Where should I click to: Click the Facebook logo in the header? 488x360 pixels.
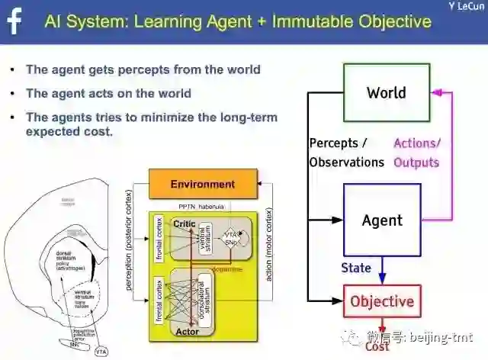point(14,20)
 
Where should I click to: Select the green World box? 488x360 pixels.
point(386,93)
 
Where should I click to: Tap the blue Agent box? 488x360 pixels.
point(382,220)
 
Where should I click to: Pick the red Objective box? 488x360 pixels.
point(381,301)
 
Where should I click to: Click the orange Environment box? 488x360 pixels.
point(202,184)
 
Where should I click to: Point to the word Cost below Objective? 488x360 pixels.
point(377,347)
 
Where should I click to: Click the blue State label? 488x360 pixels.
point(355,268)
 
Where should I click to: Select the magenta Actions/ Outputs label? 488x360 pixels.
point(416,153)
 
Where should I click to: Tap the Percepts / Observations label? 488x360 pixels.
point(346,153)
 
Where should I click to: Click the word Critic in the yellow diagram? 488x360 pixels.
point(185,224)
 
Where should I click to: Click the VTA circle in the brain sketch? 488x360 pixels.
point(101,352)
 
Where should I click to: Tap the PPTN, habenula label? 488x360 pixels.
point(202,207)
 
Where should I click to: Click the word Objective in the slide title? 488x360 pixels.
point(393,21)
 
